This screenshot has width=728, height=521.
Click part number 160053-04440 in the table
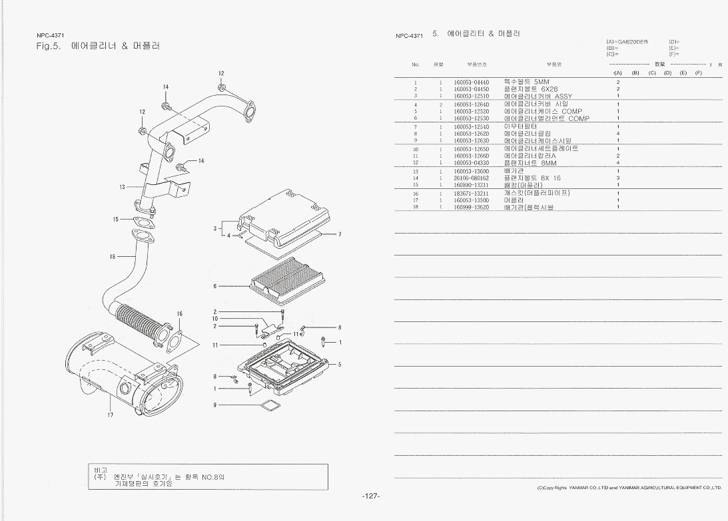[x=471, y=82]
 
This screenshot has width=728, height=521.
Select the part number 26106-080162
[x=471, y=178]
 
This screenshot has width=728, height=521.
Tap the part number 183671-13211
[x=471, y=193]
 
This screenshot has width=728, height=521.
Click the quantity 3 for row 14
[x=617, y=178]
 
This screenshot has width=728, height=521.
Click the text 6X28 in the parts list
[x=549, y=89]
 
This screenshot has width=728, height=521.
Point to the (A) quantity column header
[x=617, y=72]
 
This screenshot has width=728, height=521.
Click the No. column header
[x=416, y=65]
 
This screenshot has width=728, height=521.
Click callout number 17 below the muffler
[x=110, y=415]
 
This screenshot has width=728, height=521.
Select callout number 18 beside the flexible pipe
[x=113, y=256]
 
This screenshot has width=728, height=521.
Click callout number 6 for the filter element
[x=214, y=286]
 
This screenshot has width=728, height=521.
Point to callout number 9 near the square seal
[x=214, y=405]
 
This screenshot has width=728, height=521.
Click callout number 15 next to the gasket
[x=116, y=219]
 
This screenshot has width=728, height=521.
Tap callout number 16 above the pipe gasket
[x=179, y=313]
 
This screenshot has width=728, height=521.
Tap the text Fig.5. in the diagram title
[x=49, y=46]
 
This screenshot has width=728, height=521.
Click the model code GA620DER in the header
[x=633, y=42]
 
